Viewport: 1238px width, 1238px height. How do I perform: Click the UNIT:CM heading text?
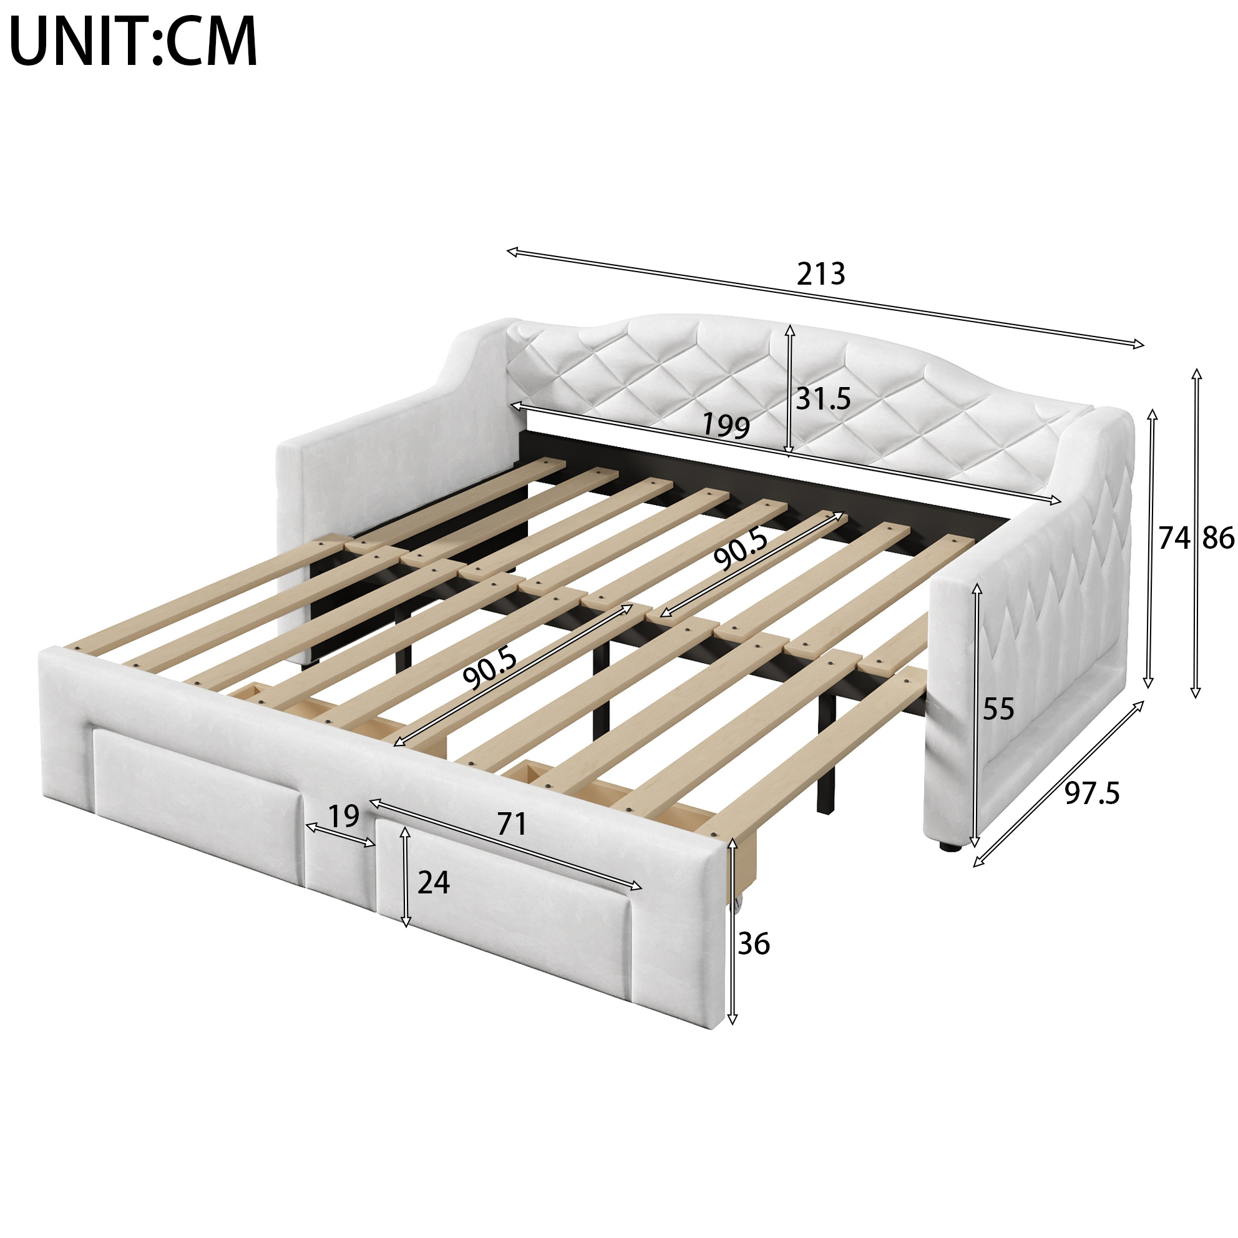tap(134, 41)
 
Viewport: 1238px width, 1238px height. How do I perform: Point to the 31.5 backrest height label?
tap(824, 399)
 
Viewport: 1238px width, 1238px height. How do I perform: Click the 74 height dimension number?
tap(1174, 538)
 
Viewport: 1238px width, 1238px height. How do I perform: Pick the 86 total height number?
tap(1218, 538)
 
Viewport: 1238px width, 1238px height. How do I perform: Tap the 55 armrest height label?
tap(998, 709)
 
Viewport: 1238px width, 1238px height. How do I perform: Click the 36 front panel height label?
tap(754, 944)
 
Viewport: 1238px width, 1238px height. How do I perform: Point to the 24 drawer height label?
tap(434, 883)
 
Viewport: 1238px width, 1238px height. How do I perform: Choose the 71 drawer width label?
tap(512, 824)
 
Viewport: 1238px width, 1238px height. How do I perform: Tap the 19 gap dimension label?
tap(343, 816)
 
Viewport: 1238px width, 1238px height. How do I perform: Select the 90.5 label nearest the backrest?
tap(741, 549)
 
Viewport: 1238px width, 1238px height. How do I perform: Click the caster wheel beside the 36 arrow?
tap(739, 904)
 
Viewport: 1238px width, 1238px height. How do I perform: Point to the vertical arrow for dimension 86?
tap(1196, 533)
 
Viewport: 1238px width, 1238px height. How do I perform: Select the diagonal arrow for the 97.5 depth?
tap(1058, 784)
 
